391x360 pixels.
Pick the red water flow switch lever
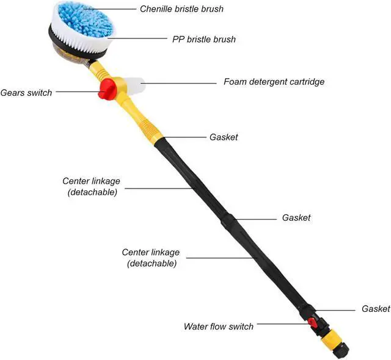(x=312, y=322)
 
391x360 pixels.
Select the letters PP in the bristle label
(x=179, y=40)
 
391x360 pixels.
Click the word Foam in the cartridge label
(x=235, y=81)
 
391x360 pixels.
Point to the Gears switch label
(x=26, y=93)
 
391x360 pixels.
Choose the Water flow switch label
(x=219, y=326)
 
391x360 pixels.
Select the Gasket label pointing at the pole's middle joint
(x=296, y=218)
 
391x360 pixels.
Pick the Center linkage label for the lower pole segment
(x=151, y=257)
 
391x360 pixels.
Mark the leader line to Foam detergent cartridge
(x=180, y=81)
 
